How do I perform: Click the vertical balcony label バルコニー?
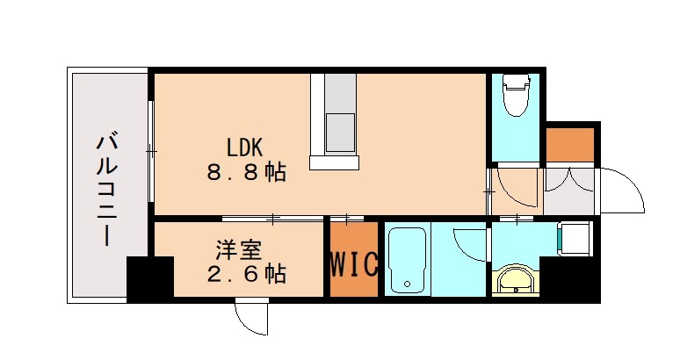coord(107,188)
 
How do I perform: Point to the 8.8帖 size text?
coord(246,172)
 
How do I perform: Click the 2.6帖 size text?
coord(246,274)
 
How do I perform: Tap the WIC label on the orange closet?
coord(354,263)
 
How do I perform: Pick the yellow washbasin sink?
coord(513,281)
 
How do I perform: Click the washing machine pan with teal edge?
coord(576,237)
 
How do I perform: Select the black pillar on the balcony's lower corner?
coord(149,279)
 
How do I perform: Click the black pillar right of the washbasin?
coord(569,279)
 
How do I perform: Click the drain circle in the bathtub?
coord(407,284)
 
